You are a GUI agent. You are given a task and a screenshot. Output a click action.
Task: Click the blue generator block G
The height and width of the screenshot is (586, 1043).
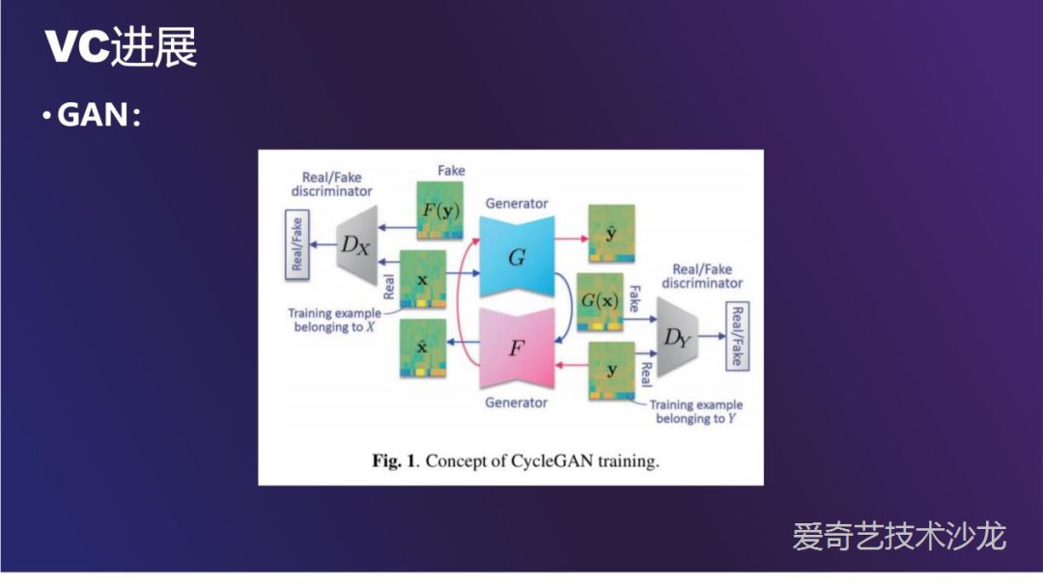point(517,256)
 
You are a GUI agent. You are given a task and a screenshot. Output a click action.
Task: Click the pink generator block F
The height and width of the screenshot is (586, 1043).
point(517,348)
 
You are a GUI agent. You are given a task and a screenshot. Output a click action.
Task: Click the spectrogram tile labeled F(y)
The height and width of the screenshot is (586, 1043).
point(438,210)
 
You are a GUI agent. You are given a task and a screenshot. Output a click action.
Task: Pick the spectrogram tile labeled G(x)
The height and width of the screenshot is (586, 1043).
point(600,300)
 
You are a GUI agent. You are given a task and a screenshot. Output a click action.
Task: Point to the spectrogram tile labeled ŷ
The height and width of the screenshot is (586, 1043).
point(611,234)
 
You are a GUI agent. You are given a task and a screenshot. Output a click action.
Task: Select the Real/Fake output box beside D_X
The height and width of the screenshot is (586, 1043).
point(297,244)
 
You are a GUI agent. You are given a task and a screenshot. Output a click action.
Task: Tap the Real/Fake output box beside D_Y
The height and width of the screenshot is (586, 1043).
point(736,337)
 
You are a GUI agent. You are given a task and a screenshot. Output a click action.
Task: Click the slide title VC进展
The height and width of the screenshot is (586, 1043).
point(121,47)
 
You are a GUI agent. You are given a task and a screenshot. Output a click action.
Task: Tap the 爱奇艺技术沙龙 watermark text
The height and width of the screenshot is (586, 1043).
point(899,536)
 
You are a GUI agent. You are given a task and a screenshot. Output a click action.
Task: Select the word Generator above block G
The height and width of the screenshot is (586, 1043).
point(517,204)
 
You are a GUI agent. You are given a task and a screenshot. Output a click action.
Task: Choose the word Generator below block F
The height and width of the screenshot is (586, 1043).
point(516,402)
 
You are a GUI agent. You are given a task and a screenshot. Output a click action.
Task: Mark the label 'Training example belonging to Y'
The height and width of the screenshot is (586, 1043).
point(695,412)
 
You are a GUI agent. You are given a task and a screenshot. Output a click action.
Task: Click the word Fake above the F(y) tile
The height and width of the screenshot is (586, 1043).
point(451,171)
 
